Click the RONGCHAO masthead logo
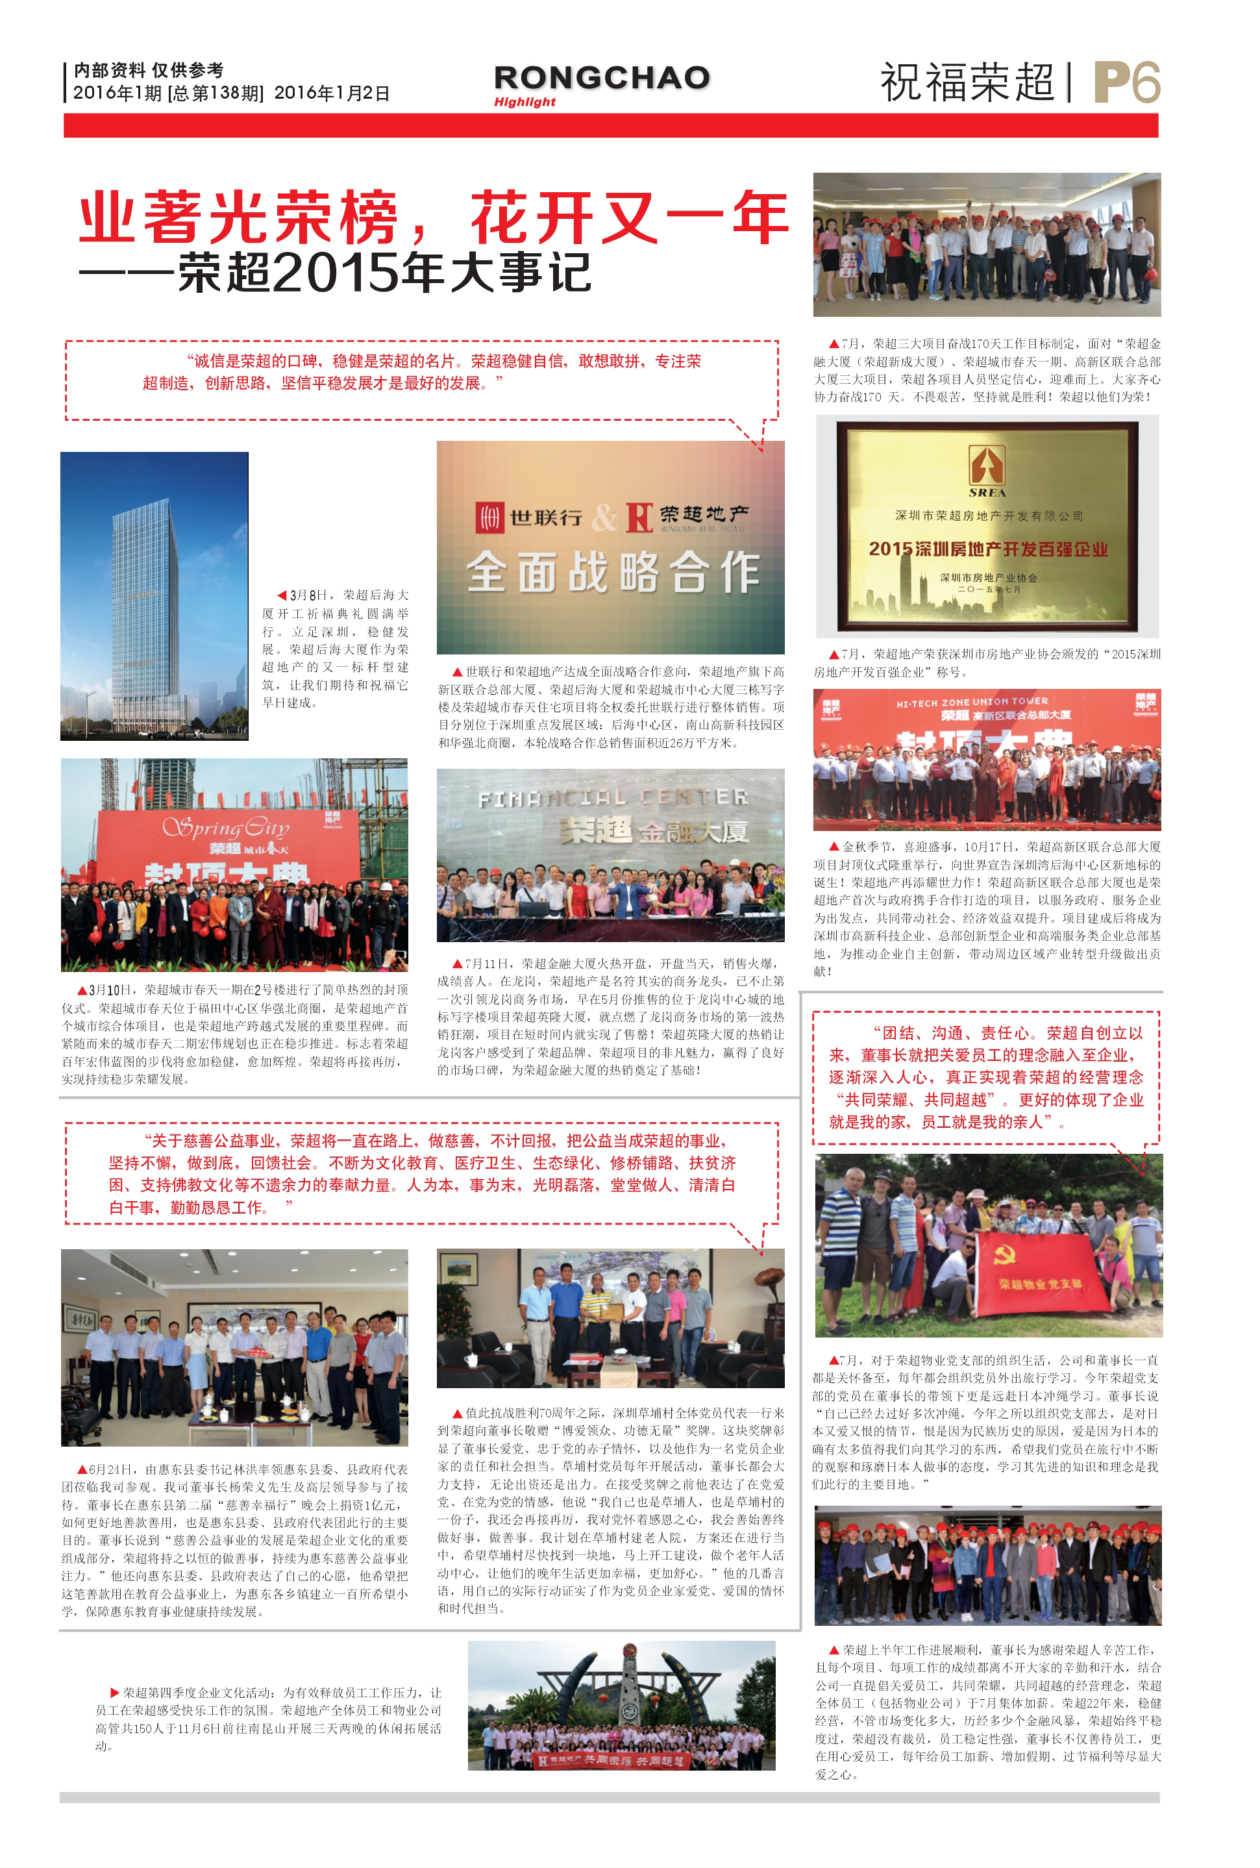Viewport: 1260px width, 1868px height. coord(602,77)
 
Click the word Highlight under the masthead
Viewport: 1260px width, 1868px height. coord(525,102)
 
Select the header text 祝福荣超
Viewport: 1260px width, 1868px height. coord(967,83)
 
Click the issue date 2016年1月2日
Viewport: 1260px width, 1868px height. coord(332,93)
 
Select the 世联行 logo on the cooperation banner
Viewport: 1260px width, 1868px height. coord(530,517)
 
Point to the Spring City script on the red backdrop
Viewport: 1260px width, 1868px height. coord(226,827)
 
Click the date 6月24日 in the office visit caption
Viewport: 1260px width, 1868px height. coord(108,1469)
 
